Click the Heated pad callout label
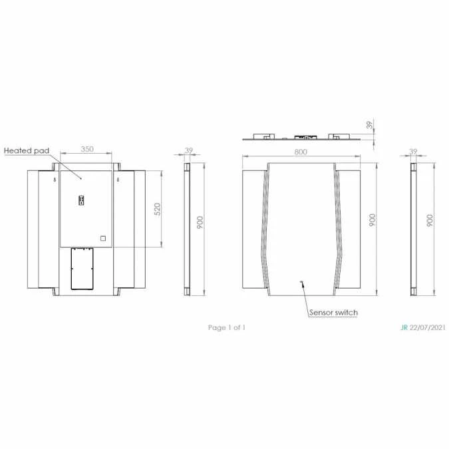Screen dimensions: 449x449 coord(27,151)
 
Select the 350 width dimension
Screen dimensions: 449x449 coord(87,150)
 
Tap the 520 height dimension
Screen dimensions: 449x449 coord(158,209)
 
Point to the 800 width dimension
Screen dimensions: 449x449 coord(301,152)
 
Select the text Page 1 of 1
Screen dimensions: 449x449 coord(227,327)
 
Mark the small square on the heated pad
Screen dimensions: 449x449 coord(103,237)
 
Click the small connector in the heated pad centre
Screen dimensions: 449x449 coord(82,200)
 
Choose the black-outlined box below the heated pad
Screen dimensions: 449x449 coord(80,269)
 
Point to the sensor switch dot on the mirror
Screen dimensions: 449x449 coord(301,282)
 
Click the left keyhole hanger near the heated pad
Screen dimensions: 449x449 coord(53,180)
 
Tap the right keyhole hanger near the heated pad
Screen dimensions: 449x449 coord(118,180)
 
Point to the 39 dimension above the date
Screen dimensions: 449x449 coord(412,152)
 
